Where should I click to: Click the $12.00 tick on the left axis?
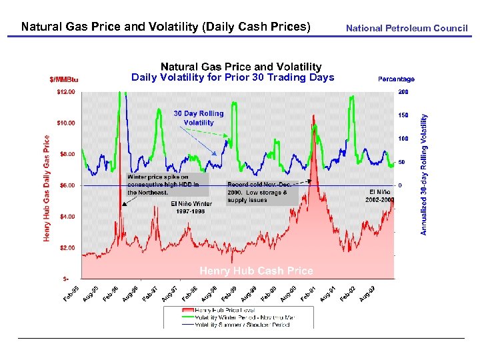66,91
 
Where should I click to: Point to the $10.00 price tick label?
66,123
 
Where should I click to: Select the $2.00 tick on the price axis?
67,247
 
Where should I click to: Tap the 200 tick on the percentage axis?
403,91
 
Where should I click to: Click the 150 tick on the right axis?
403,115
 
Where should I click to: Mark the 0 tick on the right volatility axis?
400,185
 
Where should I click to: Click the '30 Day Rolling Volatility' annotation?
199,118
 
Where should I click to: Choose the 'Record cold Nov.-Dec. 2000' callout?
258,192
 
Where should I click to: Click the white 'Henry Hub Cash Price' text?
257,271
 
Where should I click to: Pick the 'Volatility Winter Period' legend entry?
243,318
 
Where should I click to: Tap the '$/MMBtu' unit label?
64,79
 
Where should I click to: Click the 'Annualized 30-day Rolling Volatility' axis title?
423,173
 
